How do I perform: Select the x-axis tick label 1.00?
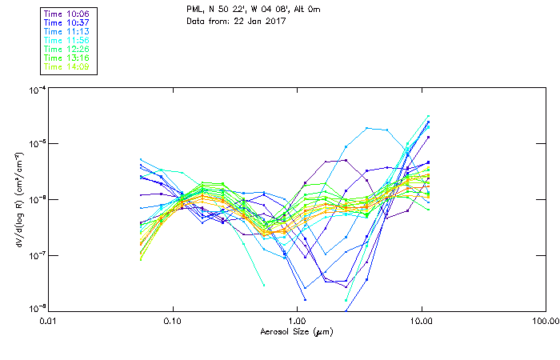(x=297, y=322)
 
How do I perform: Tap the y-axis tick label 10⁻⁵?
(x=36, y=143)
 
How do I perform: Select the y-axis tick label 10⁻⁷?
(x=36, y=254)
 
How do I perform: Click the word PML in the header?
(x=194, y=10)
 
